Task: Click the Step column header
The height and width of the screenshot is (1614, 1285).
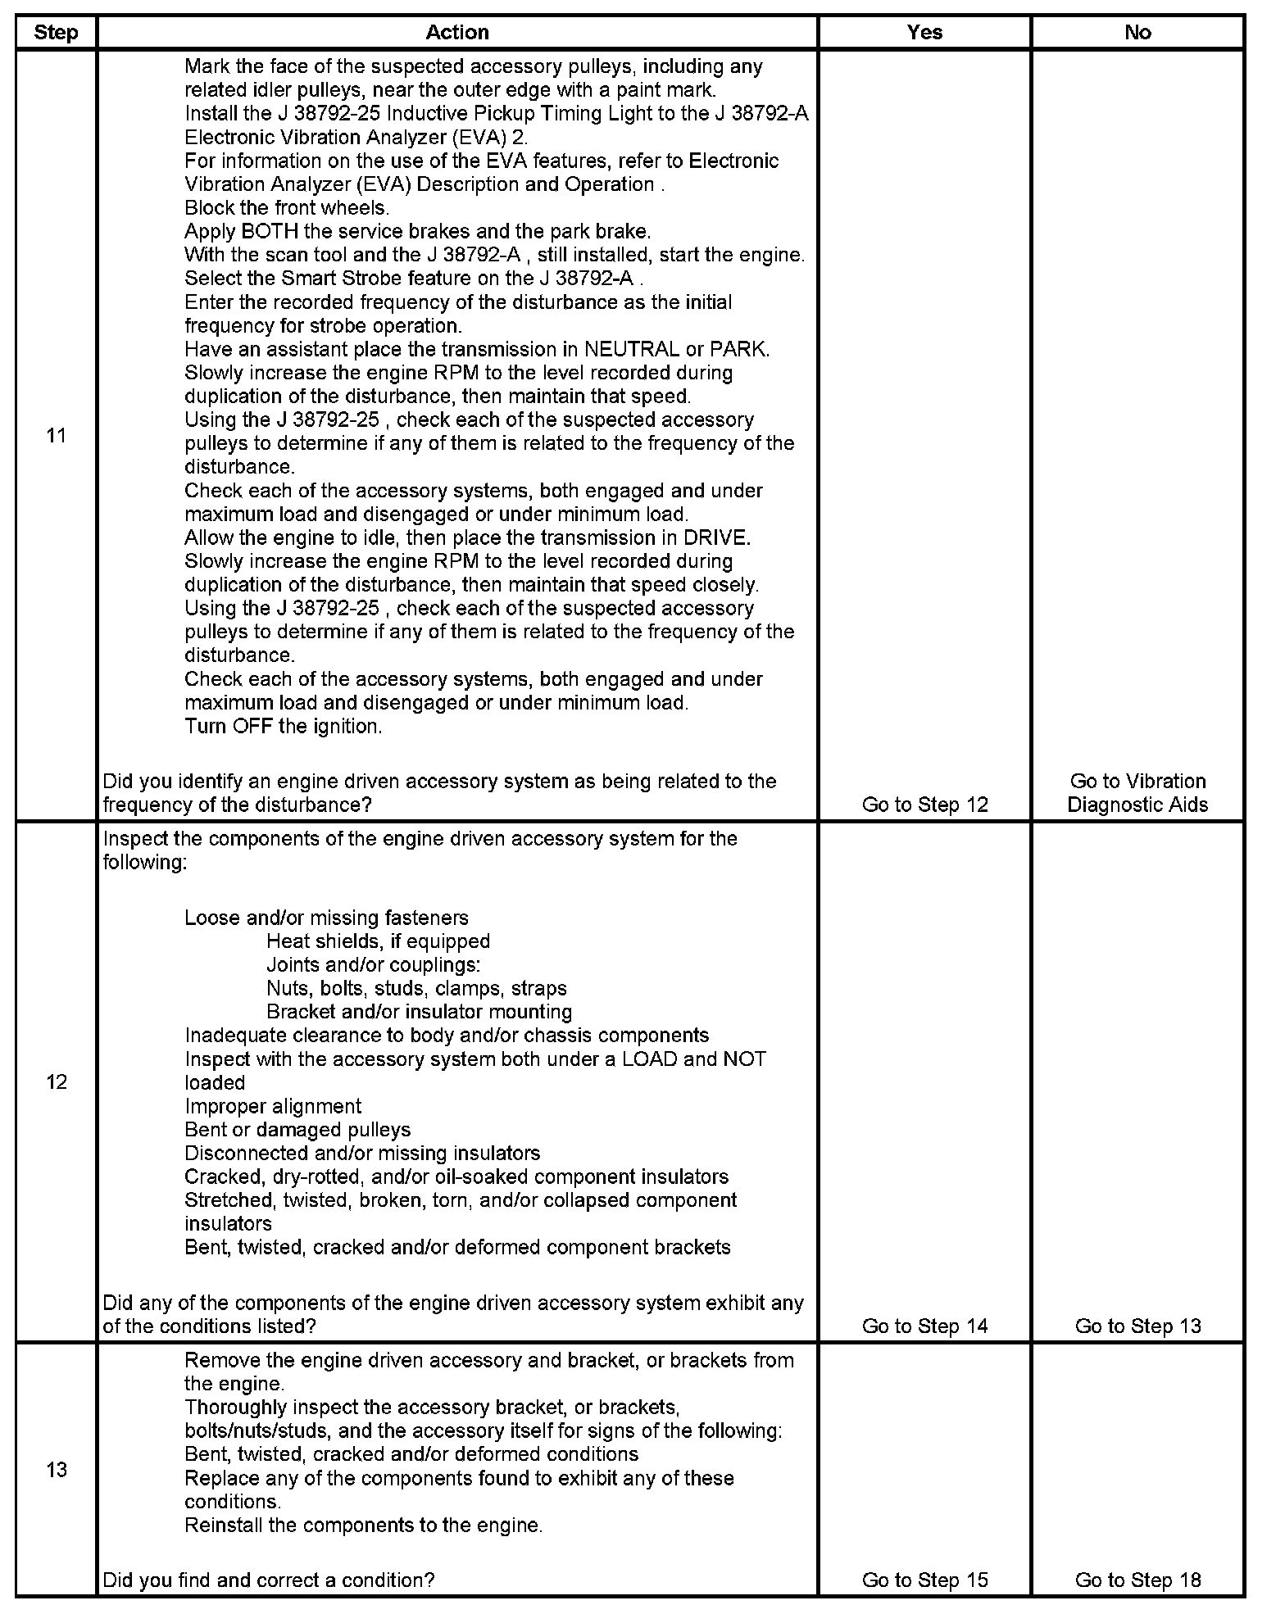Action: tap(56, 33)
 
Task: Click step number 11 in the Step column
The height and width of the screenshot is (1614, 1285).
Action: tap(56, 436)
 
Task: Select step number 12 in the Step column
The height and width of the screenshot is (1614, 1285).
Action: tap(56, 1082)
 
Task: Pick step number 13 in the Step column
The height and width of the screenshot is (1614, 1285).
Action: tap(56, 1470)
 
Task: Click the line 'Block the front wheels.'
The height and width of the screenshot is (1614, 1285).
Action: tap(287, 208)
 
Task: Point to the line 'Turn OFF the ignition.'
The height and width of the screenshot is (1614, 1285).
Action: tap(284, 727)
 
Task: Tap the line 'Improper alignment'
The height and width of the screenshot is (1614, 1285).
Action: tap(273, 1107)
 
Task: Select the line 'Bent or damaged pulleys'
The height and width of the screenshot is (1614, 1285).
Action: tap(297, 1131)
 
